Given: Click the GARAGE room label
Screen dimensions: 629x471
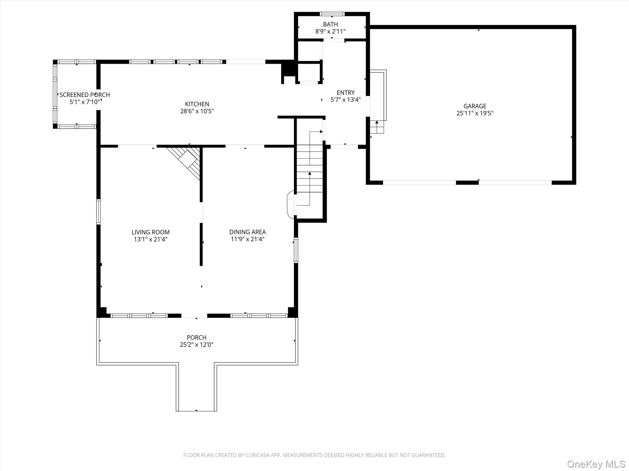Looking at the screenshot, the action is [475, 106].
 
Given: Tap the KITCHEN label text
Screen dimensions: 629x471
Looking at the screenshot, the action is [197, 104].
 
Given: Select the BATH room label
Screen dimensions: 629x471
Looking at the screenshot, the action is [330, 24].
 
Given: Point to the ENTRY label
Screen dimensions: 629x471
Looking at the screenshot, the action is [346, 93].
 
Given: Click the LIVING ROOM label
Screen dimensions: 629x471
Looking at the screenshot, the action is [150, 232].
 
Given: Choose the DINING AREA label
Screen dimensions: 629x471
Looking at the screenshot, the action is [248, 232].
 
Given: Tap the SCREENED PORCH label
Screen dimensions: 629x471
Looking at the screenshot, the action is [84, 95].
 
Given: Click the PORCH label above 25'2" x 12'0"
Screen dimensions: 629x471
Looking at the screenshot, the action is [197, 337].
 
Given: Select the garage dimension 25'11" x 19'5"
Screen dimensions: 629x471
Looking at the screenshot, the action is [475, 113].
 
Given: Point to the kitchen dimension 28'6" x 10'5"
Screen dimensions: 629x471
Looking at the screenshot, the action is [197, 111].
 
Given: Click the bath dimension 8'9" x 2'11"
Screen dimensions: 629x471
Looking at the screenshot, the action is [330, 31].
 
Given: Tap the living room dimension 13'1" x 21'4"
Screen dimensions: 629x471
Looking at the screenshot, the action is [150, 239].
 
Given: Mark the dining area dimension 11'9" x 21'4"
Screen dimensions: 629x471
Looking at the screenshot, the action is [248, 239].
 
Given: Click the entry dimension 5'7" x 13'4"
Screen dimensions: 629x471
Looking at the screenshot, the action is [346, 100].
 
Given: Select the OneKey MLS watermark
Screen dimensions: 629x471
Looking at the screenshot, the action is [596, 464].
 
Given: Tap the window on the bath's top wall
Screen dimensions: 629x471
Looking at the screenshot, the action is [332, 14].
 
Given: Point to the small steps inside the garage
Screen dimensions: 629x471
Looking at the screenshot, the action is [377, 127].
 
